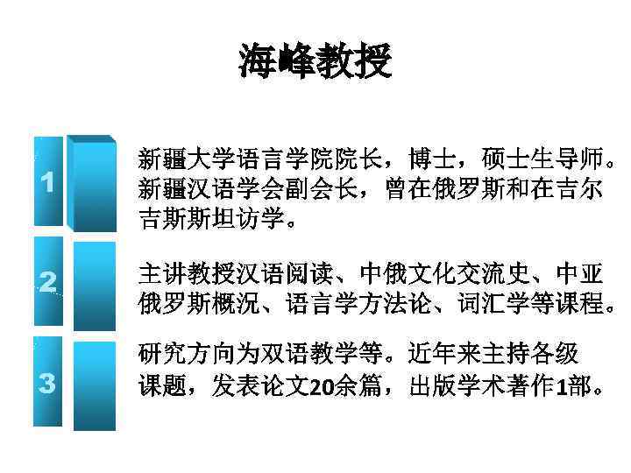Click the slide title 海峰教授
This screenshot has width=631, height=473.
tap(315, 62)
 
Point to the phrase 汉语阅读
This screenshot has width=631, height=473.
tap(298, 274)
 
